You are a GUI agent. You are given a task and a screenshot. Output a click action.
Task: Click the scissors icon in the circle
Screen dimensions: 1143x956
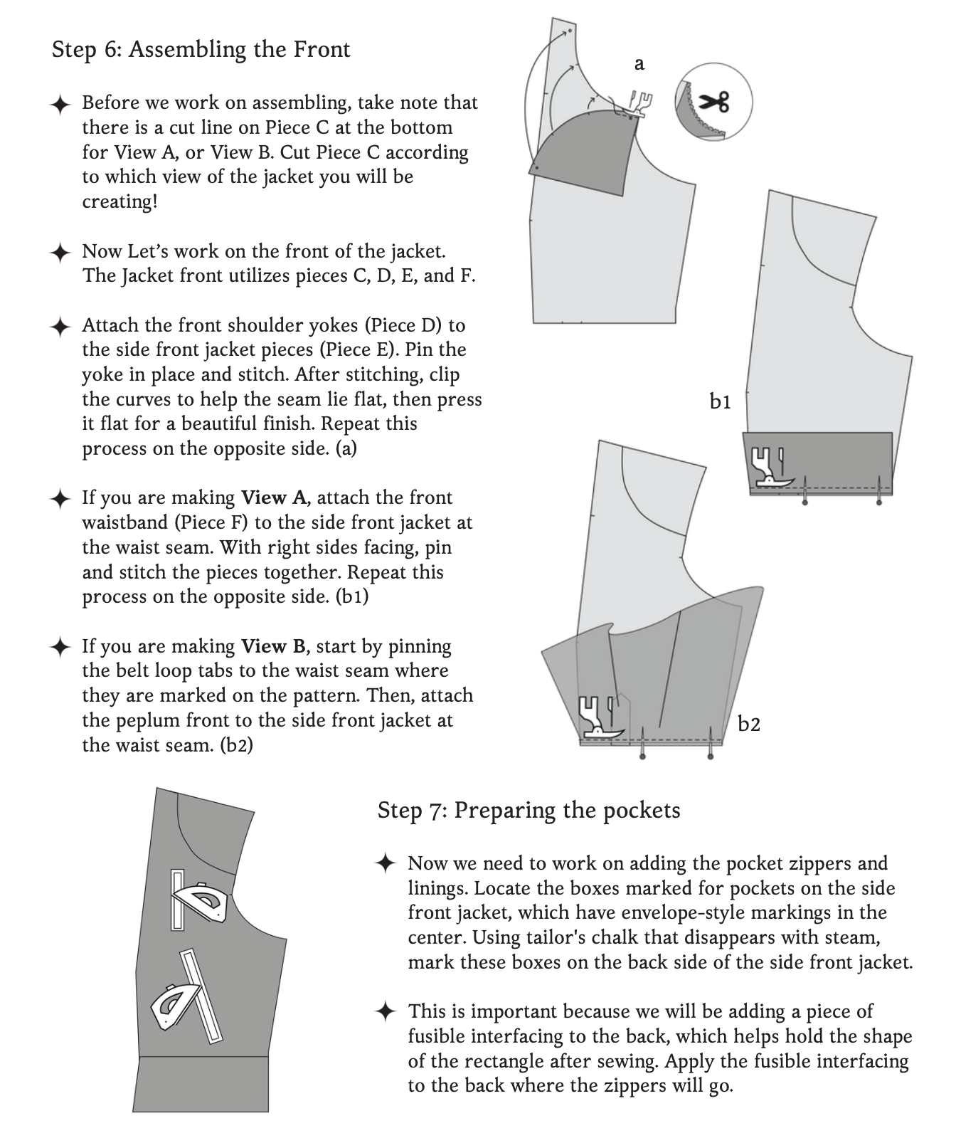point(714,102)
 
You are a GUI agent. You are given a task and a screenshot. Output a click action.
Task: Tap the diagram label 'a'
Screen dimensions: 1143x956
point(639,64)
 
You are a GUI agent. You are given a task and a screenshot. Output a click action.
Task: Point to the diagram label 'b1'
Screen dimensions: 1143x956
point(720,402)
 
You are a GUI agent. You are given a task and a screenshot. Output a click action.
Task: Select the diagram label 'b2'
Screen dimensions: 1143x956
point(749,725)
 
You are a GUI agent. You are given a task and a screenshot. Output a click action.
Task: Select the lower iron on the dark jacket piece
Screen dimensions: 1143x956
point(174,1006)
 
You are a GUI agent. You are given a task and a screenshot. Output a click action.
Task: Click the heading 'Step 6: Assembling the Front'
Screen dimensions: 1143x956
point(201,50)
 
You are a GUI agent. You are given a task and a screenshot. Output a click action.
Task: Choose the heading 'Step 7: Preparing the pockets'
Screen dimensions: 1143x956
point(529,810)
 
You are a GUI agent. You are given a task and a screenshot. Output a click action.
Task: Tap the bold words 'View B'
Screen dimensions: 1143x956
point(273,646)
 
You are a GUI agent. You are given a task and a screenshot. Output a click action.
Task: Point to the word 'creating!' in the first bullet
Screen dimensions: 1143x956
point(119,201)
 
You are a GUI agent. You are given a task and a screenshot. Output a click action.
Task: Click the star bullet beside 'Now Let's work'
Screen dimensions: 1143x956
point(60,252)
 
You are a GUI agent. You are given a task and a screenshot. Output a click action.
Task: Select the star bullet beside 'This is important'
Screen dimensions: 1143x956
point(385,1011)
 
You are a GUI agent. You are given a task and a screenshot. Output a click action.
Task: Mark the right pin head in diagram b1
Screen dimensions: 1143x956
point(879,502)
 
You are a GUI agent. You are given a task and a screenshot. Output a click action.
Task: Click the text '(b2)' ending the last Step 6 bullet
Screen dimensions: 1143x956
point(236,745)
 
